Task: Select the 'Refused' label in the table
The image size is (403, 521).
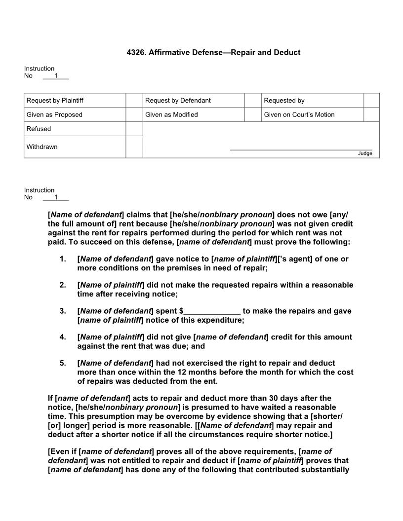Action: click(x=39, y=129)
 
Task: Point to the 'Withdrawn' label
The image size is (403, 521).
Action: click(x=42, y=147)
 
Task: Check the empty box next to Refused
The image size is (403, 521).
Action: click(x=134, y=129)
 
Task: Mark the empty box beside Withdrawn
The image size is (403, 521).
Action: click(x=134, y=147)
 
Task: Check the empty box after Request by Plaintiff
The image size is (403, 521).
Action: click(x=134, y=101)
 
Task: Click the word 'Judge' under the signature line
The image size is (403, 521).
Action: click(x=365, y=153)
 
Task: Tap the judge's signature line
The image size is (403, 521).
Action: click(x=301, y=149)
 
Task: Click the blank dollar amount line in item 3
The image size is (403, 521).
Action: click(x=212, y=311)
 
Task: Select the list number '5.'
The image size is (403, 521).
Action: click(x=63, y=363)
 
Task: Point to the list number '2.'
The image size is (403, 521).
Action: click(x=63, y=285)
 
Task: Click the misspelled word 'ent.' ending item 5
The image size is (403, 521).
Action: click(x=210, y=381)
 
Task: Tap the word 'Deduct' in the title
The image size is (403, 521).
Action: click(x=288, y=52)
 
